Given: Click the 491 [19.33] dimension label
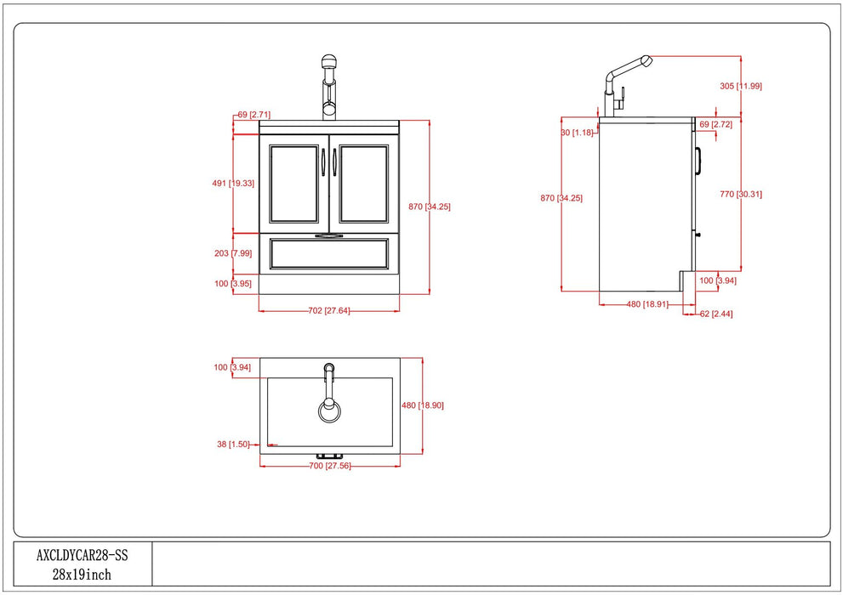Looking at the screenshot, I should click(233, 183).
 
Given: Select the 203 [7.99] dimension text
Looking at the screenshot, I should click(233, 252).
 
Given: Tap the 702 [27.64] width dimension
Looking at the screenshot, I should click(329, 311).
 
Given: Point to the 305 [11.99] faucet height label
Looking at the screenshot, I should click(740, 86).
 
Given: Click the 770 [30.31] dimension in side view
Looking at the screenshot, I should click(740, 194).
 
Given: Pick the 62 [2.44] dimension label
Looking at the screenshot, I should click(716, 314).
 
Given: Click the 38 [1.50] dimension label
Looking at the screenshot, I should click(233, 444).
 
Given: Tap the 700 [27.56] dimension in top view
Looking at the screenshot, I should click(329, 467).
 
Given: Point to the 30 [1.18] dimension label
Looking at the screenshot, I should click(577, 133).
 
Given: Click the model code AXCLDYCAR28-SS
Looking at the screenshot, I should click(82, 555).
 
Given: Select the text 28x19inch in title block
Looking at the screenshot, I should click(82, 575).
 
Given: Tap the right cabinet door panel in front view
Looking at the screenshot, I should click(364, 184).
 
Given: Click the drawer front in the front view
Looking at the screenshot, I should click(329, 253).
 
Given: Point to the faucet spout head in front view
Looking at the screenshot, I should click(329, 64).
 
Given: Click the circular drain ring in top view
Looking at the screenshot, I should click(329, 411).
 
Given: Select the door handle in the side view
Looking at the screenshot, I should click(698, 161).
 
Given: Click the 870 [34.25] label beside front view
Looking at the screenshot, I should click(429, 207).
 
